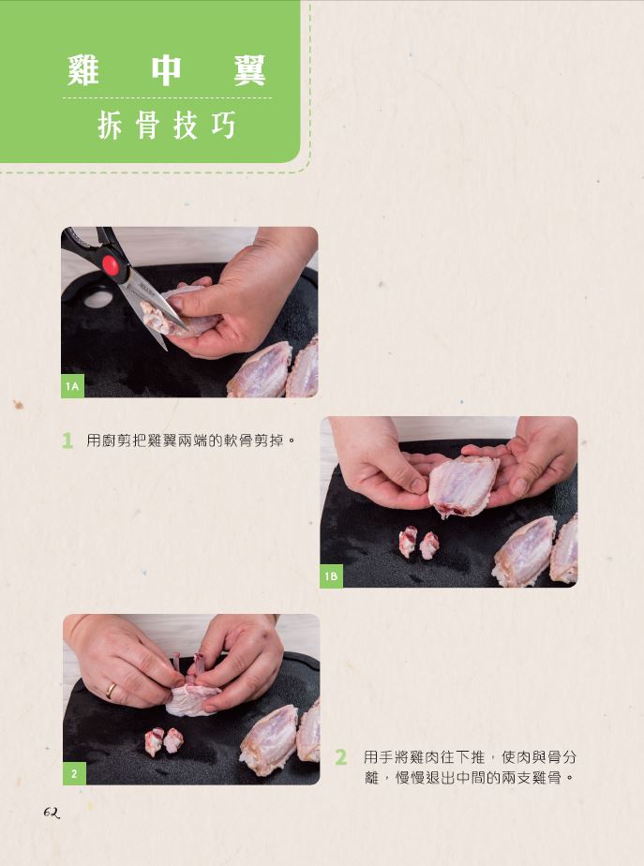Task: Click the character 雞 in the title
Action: pyautogui.click(x=83, y=70)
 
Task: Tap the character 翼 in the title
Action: pyautogui.click(x=249, y=70)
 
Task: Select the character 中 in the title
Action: pyautogui.click(x=166, y=70)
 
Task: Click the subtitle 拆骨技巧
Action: pyautogui.click(x=167, y=126)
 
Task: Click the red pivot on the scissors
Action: pyautogui.click(x=111, y=264)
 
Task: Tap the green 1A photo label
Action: pyautogui.click(x=72, y=386)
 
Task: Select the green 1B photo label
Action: pyautogui.click(x=332, y=576)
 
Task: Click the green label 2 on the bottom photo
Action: pyautogui.click(x=74, y=774)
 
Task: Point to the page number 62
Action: pyautogui.click(x=52, y=813)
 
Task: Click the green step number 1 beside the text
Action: pyautogui.click(x=67, y=440)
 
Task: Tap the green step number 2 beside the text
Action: pyautogui.click(x=341, y=756)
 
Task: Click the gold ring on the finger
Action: pyautogui.click(x=112, y=691)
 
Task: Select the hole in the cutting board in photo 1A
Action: pyautogui.click(x=97, y=299)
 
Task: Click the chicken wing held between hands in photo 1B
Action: pyautogui.click(x=463, y=485)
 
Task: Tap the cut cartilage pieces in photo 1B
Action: pyautogui.click(x=419, y=543)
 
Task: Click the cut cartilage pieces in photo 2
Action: pyautogui.click(x=163, y=740)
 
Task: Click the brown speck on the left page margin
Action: pyautogui.click(x=18, y=404)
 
